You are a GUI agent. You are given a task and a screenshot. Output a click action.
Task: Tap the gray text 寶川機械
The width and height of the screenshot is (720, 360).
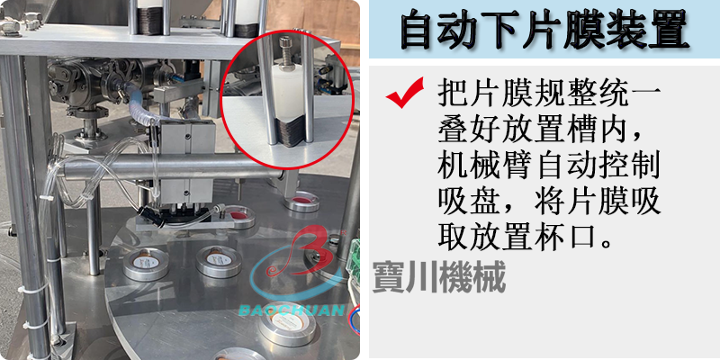(x=439, y=277)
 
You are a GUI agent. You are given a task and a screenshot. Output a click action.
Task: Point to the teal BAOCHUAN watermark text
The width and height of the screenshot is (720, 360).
(x=292, y=310)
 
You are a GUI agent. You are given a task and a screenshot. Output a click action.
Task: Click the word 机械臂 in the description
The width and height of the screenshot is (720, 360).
(x=486, y=167)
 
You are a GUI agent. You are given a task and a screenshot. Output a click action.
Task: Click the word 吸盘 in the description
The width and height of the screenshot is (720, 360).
(x=469, y=202)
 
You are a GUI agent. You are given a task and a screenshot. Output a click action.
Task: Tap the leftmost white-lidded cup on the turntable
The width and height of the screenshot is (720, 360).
(x=146, y=264)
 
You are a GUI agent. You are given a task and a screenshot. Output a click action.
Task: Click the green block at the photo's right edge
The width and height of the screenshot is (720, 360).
(x=353, y=257)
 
